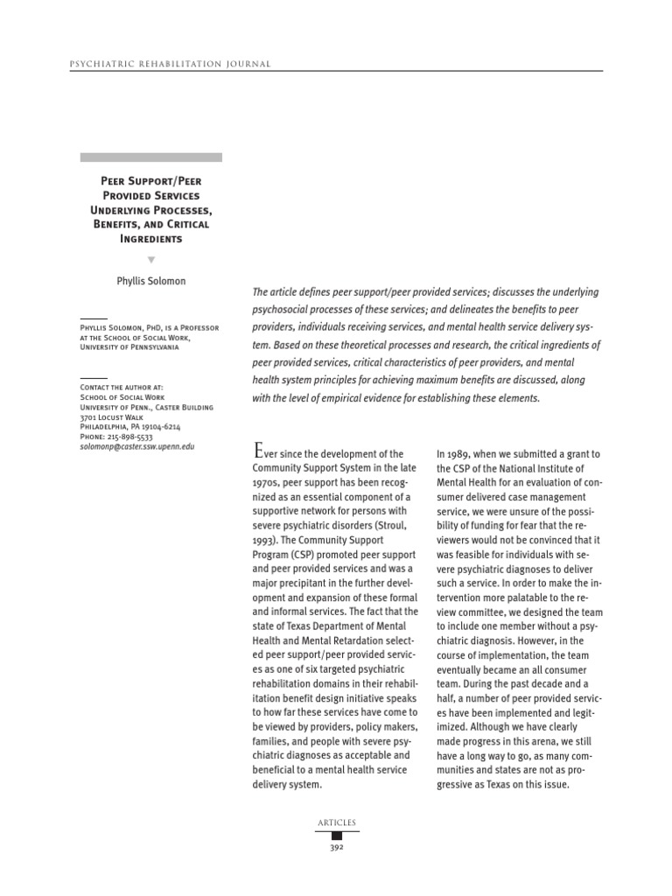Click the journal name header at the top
point(157,63)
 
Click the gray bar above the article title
point(150,157)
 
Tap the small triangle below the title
point(150,260)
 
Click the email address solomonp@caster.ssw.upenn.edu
point(137,446)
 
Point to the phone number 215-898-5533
point(116,436)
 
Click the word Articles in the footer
point(336,822)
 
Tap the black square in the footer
point(336,836)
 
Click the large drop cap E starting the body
point(257,451)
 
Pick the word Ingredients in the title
point(150,239)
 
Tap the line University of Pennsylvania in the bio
point(129,346)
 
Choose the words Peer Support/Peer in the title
point(150,181)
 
